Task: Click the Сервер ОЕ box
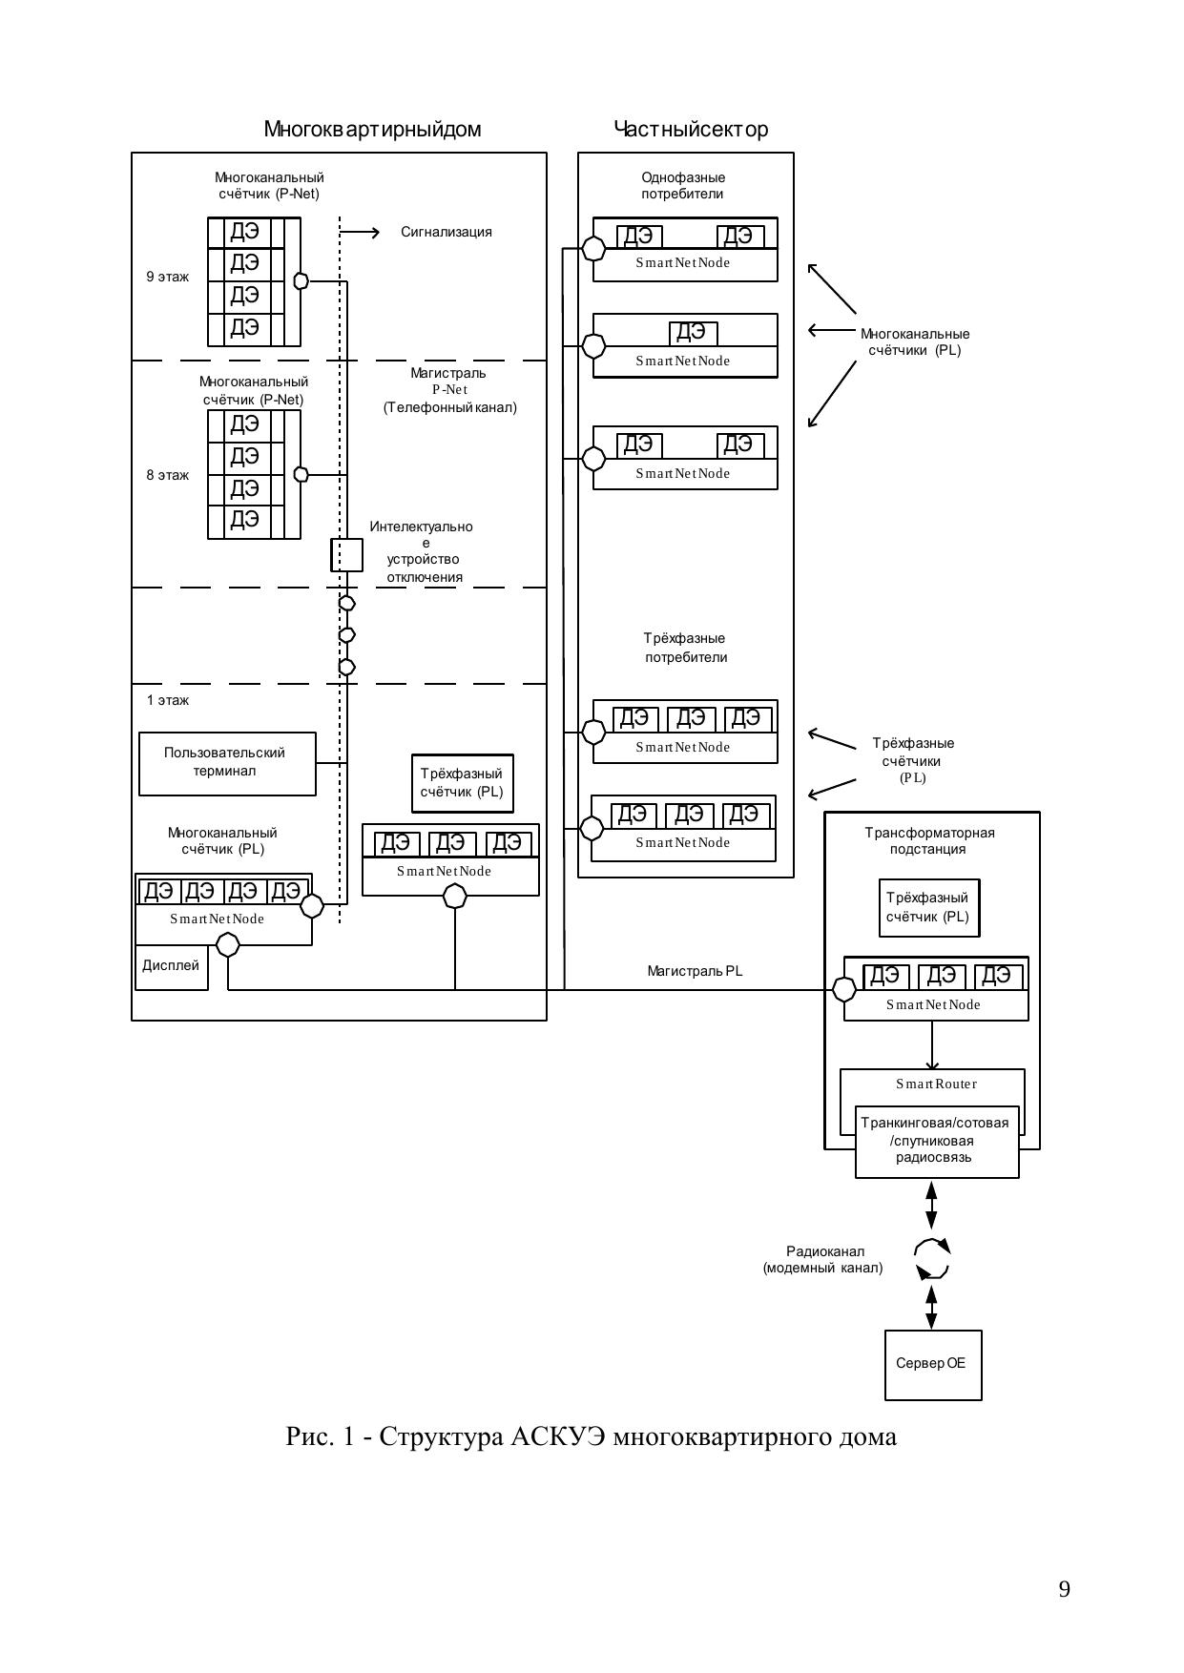pos(932,1364)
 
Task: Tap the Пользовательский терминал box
pos(227,763)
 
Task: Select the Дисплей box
pos(171,966)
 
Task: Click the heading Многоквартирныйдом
pos(372,130)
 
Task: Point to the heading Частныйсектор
pos(691,130)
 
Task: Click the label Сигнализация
pos(446,232)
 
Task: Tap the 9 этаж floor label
pos(167,278)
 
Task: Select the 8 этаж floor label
pos(167,475)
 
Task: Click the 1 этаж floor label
pos(167,700)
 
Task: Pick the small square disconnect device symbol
pos(346,554)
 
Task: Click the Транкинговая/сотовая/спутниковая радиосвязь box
pos(937,1141)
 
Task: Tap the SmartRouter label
pos(936,1084)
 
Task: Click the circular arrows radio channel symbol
pos(931,1259)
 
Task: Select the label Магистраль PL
pos(694,972)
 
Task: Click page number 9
pos(1064,1590)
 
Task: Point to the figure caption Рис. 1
pos(591,1436)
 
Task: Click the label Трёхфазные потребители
pos(685,648)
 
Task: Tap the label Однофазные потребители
pos(683,186)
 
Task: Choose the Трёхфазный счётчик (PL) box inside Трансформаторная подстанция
pos(927,908)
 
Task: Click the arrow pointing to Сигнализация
pos(361,232)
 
